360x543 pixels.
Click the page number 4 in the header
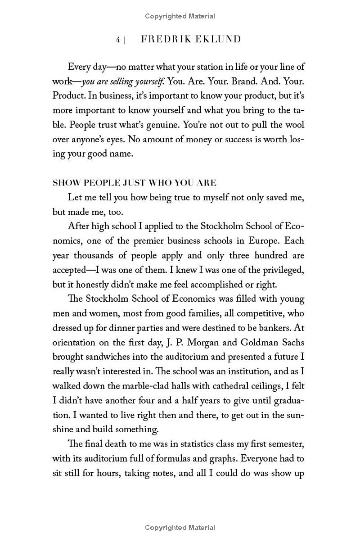coord(118,40)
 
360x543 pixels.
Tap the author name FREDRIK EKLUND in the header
coord(191,40)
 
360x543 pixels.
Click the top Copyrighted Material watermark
coord(180,16)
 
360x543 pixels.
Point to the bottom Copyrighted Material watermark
coord(180,527)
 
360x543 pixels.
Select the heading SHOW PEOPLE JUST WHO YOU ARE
coord(135,183)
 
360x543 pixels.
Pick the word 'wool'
coord(294,125)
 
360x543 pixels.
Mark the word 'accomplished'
coord(216,284)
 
